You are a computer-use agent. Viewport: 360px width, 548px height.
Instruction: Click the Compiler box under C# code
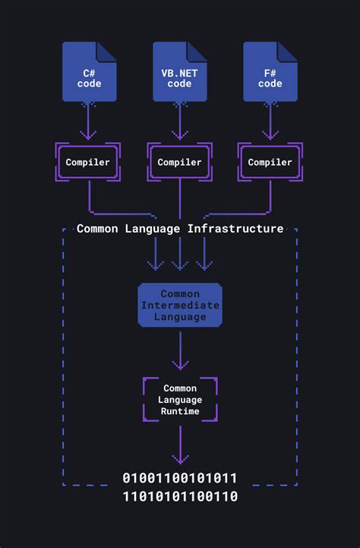click(x=88, y=162)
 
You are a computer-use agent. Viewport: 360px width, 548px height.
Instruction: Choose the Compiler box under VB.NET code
click(x=180, y=162)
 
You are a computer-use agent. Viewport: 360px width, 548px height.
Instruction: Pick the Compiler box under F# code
click(x=270, y=162)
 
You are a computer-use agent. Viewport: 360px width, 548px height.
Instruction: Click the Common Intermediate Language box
click(x=180, y=306)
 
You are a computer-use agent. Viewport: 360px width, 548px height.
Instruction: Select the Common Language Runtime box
click(x=180, y=400)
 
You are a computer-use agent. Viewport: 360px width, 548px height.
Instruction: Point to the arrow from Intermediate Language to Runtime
click(x=180, y=351)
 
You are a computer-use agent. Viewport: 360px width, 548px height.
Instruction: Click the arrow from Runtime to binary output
click(x=180, y=445)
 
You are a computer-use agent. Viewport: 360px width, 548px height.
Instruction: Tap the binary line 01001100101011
click(x=180, y=478)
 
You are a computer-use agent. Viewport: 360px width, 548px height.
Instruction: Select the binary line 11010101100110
click(x=180, y=496)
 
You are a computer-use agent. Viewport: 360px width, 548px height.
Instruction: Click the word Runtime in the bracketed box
click(x=180, y=411)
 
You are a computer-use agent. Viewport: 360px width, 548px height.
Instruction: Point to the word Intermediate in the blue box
click(x=180, y=306)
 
